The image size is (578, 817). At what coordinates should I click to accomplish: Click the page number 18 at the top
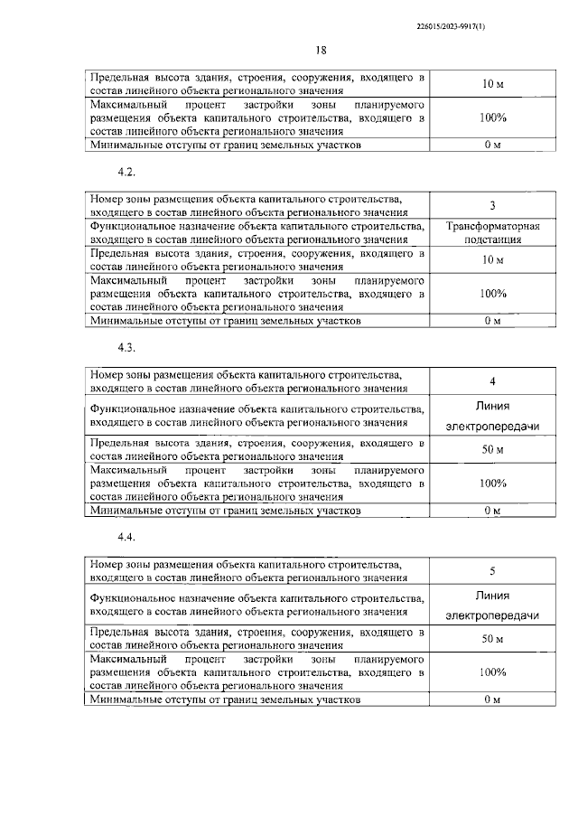coord(295,51)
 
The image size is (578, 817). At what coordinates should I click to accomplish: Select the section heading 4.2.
coord(126,170)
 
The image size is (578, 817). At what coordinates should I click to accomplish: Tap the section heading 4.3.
coord(126,347)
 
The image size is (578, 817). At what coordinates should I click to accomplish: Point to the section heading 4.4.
coord(126,537)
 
